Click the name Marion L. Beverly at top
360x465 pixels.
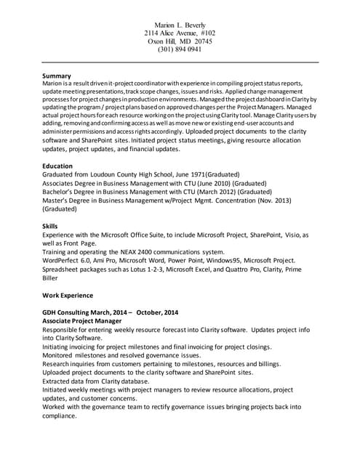(180, 25)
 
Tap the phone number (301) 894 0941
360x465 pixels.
(180, 49)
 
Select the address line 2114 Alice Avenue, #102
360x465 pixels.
(180, 33)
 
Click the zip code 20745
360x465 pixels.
(201, 41)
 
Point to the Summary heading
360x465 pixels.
(57, 76)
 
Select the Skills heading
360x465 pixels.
(50, 226)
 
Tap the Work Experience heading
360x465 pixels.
(68, 296)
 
